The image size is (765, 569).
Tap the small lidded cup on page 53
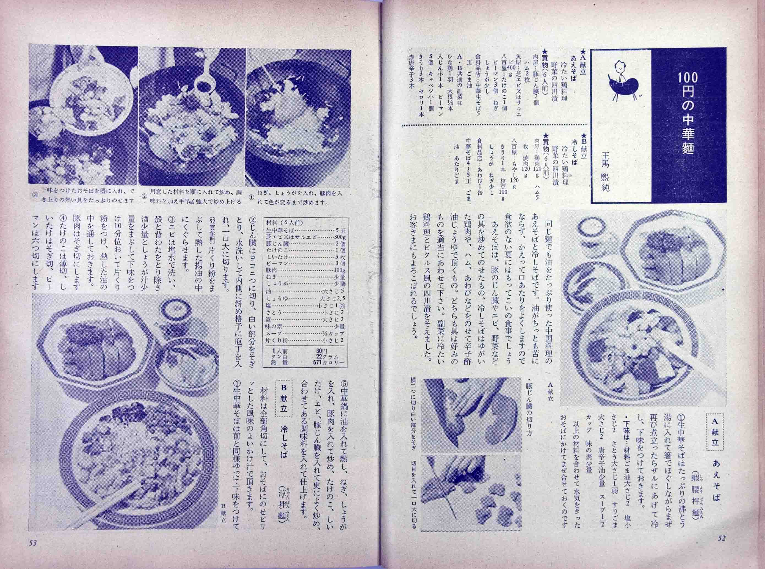click(175, 313)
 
